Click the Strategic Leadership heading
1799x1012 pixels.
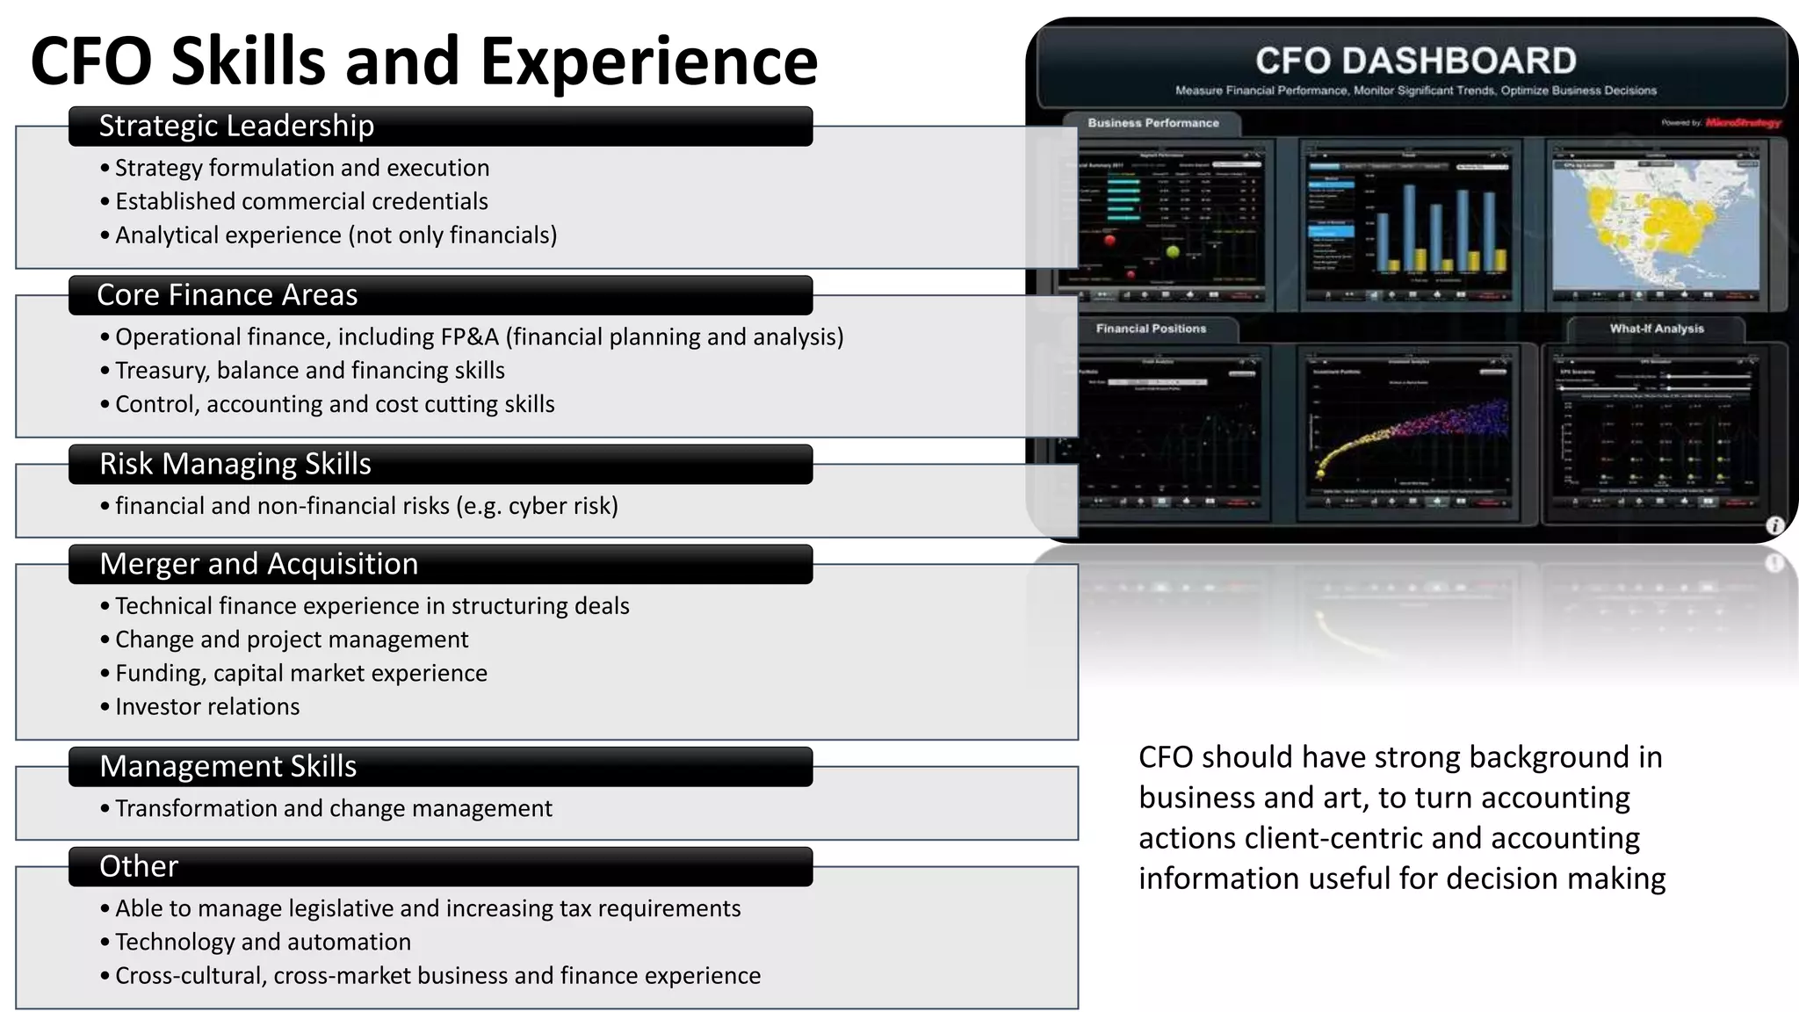236,126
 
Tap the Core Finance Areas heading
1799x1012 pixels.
228,295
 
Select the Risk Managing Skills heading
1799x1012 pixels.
235,464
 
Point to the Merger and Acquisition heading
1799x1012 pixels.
259,564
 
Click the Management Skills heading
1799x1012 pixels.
228,767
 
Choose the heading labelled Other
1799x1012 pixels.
139,867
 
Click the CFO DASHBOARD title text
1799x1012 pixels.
1415,61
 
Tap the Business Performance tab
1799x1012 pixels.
1152,124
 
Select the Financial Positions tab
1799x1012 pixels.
1151,329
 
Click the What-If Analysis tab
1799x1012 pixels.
1656,329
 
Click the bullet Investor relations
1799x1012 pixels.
207,707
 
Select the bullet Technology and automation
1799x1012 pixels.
263,943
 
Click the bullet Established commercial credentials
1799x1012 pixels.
301,202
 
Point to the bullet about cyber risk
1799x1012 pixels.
366,507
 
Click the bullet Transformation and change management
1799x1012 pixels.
334,809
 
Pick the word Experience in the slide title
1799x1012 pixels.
649,61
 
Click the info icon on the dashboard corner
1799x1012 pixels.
1774,525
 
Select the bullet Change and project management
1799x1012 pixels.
292,640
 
